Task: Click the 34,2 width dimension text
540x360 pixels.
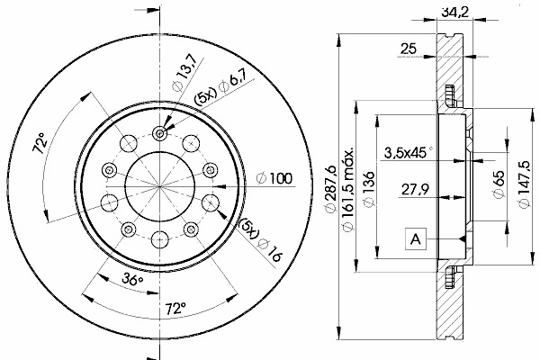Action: click(454, 13)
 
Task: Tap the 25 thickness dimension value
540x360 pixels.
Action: click(409, 49)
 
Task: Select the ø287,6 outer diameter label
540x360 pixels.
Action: click(330, 189)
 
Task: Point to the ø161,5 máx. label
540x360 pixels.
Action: click(347, 190)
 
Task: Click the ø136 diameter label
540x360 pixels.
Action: click(369, 189)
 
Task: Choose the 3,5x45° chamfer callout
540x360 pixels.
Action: click(409, 153)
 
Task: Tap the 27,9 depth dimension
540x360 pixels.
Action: click(415, 189)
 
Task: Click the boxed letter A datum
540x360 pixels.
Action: click(416, 238)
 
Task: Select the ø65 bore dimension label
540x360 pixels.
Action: click(499, 184)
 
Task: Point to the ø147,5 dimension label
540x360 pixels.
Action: click(524, 184)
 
